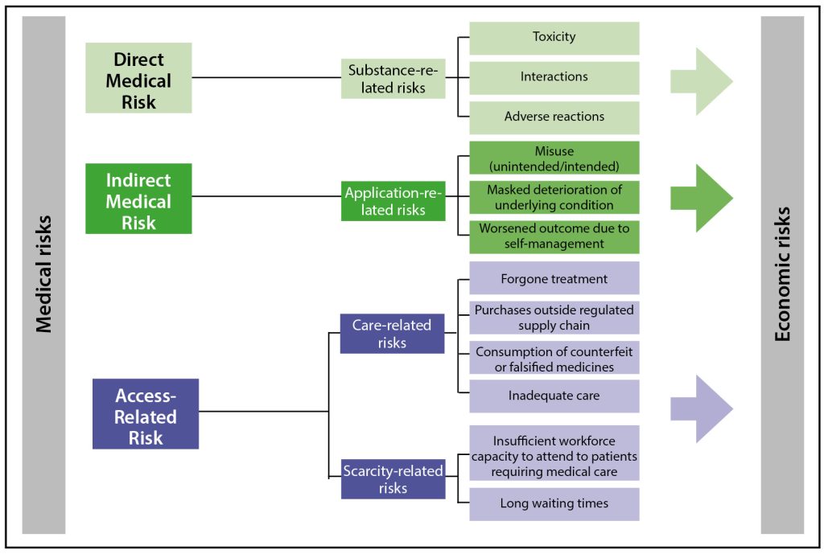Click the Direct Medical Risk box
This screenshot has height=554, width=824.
(138, 79)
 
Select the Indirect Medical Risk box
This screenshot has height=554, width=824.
(138, 199)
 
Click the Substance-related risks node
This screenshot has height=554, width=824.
(393, 79)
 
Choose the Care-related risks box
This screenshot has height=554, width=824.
(392, 334)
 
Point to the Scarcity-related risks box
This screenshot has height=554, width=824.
(393, 478)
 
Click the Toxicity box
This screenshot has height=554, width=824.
(554, 38)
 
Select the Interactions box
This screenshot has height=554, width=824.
(554, 77)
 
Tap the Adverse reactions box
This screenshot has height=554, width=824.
(554, 117)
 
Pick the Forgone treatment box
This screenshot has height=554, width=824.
(554, 278)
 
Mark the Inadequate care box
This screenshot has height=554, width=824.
(554, 396)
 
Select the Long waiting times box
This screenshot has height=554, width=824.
(554, 503)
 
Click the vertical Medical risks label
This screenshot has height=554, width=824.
(43, 273)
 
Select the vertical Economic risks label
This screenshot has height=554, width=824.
(781, 273)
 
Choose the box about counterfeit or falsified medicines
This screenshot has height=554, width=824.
(554, 359)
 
